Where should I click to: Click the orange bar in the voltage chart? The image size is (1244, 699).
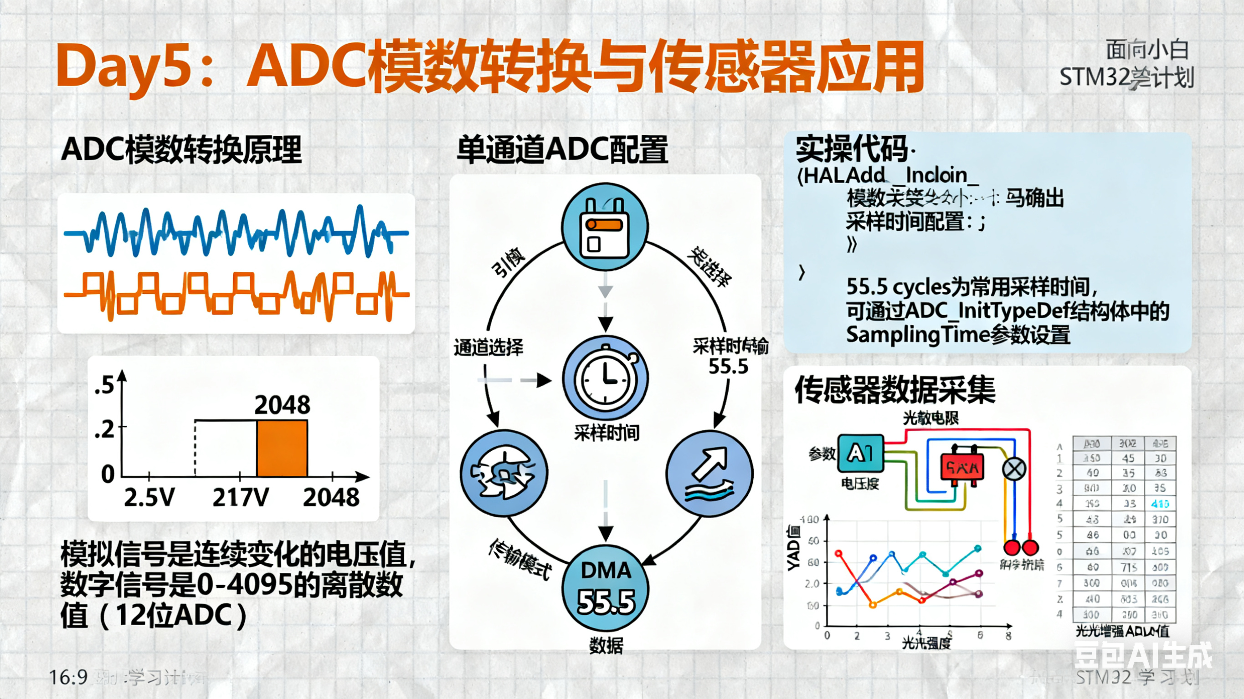click(x=282, y=448)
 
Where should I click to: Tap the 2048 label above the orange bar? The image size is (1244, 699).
click(x=282, y=404)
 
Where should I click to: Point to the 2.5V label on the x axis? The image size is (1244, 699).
click(x=149, y=497)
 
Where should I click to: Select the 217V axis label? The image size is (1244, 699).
click(x=241, y=497)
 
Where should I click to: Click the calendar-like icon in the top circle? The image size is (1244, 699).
click(x=605, y=227)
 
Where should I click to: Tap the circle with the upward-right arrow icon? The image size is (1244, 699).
click(x=709, y=474)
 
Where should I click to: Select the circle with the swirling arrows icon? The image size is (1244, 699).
click(x=504, y=474)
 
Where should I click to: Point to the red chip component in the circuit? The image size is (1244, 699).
click(x=962, y=466)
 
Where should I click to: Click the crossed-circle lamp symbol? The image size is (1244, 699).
click(x=1014, y=469)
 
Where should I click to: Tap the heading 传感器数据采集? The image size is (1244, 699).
click(x=895, y=389)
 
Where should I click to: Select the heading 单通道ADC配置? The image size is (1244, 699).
click(x=562, y=149)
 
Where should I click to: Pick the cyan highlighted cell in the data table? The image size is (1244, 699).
click(x=1160, y=504)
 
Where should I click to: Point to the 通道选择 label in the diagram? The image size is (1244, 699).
click(x=488, y=347)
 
